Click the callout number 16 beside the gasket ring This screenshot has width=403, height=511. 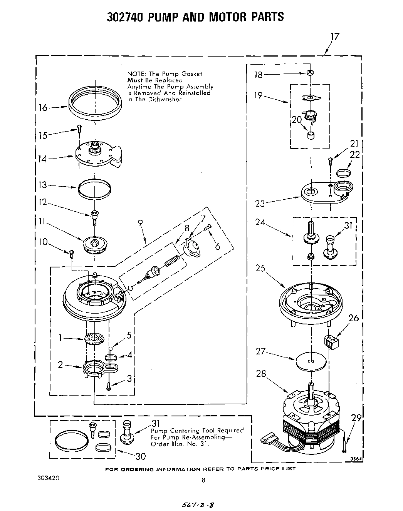point(43,108)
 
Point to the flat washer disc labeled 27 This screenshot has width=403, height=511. point(311,361)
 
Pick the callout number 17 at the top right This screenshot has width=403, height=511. point(335,37)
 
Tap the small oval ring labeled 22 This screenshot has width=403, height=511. point(344,172)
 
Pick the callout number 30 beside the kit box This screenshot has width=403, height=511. point(140,456)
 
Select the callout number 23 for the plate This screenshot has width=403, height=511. point(260,203)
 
